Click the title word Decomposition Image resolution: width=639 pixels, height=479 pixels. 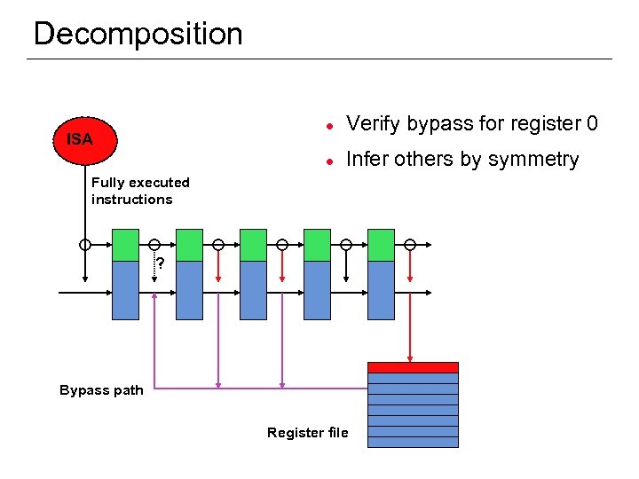tap(138, 34)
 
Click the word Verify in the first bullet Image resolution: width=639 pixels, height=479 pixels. tap(373, 123)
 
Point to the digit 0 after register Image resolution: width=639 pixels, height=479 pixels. tap(592, 123)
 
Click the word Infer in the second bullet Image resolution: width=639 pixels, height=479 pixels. tap(366, 160)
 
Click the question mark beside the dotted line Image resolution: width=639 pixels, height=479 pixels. tap(161, 263)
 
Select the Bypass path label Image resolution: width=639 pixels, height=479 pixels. tap(101, 390)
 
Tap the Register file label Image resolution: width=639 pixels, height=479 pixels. tap(307, 433)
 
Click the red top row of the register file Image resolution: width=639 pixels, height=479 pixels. tap(413, 367)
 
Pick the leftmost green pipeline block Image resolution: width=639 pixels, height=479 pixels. tap(125, 245)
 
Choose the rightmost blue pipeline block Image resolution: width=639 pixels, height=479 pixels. tap(381, 290)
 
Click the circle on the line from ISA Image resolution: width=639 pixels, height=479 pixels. tap(85, 244)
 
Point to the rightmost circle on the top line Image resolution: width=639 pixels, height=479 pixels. tap(410, 244)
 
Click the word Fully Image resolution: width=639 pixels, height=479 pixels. tap(108, 183)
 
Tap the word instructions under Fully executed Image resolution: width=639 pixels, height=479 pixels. tap(131, 200)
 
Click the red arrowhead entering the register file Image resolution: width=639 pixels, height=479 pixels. tap(410, 357)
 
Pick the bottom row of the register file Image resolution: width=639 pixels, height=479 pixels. tap(413, 442)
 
